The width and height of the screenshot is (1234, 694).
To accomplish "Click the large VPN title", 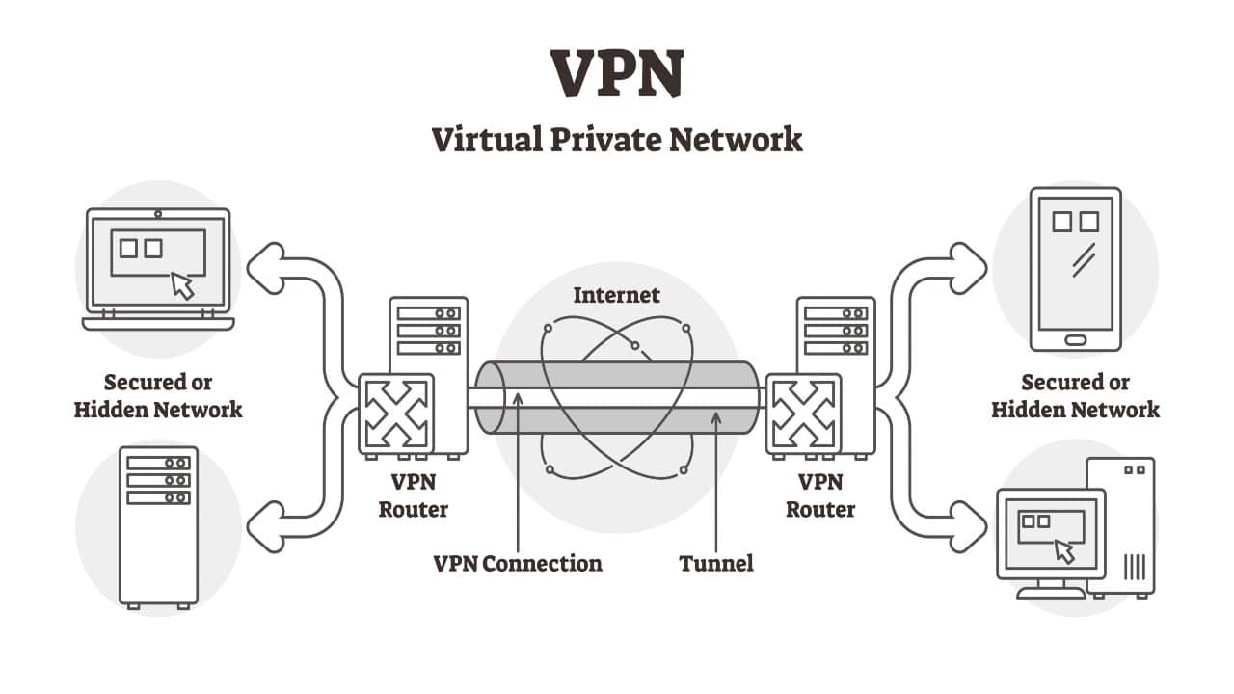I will [617, 74].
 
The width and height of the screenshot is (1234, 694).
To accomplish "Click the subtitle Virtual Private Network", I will [617, 139].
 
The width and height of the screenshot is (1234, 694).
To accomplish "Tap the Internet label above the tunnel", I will [617, 295].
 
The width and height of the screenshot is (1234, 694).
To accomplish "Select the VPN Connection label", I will [518, 563].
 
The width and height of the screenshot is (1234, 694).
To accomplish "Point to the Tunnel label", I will [715, 563].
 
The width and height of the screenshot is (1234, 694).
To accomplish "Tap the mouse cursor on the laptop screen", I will [182, 285].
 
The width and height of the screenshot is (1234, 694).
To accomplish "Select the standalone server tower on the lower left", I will [158, 526].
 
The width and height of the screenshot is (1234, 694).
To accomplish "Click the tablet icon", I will [1075, 269].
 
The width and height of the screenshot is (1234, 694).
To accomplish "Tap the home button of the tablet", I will [1075, 339].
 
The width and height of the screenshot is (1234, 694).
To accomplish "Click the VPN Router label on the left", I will [413, 495].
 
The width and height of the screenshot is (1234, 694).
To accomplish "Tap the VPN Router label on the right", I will [820, 495].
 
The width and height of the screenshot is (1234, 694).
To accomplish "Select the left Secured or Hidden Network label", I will [158, 396].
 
